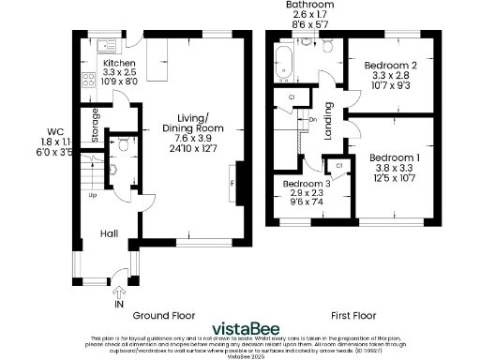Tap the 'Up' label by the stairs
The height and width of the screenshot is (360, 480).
coord(93,196)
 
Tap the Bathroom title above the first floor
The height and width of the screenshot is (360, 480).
coord(309,6)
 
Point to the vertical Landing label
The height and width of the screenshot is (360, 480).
coord(329,122)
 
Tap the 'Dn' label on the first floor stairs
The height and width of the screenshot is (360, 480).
coord(311,119)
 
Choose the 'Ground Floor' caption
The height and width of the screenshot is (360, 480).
coord(163,315)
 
